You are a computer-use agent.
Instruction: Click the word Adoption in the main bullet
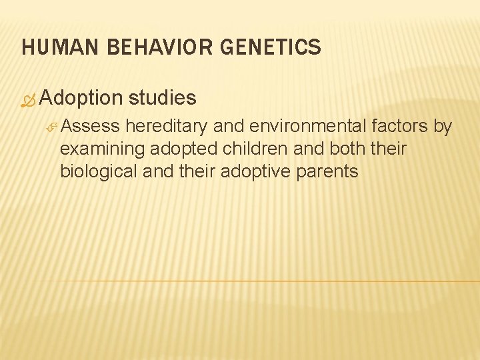tap(81, 98)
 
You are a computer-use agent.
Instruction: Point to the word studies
tap(163, 98)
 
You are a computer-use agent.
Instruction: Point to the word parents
tap(327, 171)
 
